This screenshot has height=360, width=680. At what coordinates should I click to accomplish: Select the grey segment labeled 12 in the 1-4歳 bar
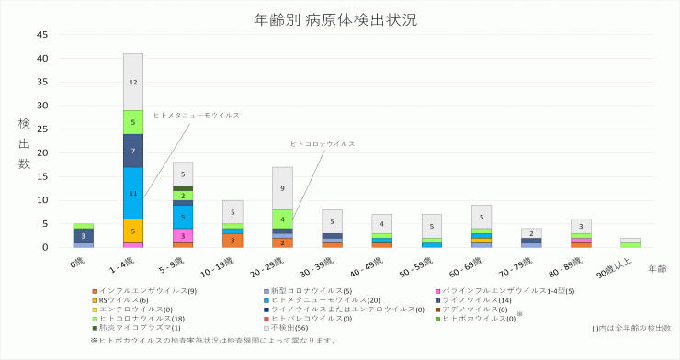pos(133,82)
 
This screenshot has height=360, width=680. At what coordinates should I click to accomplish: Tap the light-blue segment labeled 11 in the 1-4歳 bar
pos(133,193)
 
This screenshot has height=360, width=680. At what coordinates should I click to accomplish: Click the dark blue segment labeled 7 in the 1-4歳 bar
pos(133,151)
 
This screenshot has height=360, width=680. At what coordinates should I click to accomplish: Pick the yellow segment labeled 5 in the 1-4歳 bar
pos(133,231)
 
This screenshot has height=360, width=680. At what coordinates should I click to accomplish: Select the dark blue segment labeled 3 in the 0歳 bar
pos(84,236)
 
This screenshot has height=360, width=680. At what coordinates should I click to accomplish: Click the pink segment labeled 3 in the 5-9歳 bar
pos(183,236)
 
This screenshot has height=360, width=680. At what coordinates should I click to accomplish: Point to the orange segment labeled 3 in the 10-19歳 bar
pos(232,241)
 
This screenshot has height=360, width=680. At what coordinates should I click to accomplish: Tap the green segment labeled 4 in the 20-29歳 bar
pos(282,219)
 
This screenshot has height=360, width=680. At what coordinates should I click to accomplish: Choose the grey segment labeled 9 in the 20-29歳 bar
pos(282,188)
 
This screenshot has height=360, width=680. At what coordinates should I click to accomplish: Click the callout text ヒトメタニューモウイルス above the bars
pos(197,116)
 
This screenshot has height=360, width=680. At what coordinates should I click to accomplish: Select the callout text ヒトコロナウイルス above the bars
pos(323,144)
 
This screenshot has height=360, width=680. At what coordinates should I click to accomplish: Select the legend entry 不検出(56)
pos(288,327)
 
